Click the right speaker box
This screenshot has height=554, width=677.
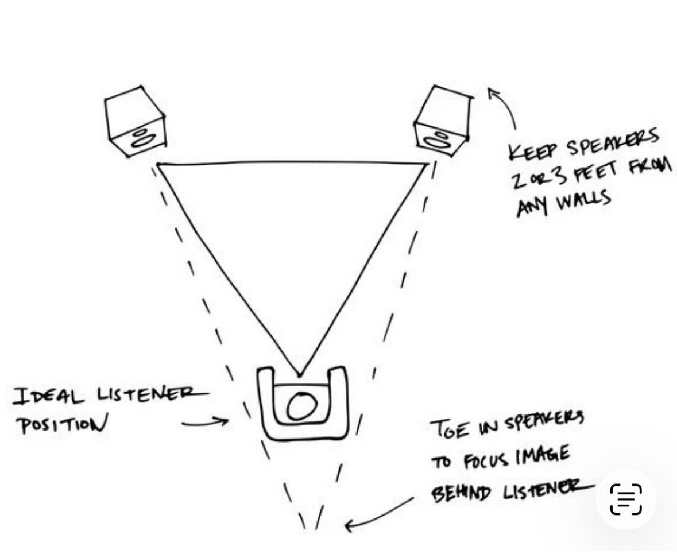coord(443,121)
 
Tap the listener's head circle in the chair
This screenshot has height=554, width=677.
coord(302,406)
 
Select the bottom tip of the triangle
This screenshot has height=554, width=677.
coord(299,375)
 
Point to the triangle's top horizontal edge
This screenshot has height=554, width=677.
coord(292,163)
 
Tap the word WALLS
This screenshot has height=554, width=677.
coord(584,201)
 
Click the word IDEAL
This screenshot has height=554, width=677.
coord(48,396)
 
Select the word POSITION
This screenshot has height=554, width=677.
coord(62,425)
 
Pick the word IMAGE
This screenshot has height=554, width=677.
coord(542,458)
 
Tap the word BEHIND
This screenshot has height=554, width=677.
coord(461,493)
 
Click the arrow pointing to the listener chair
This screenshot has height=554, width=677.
coord(206,423)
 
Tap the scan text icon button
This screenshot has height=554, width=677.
coord(626,499)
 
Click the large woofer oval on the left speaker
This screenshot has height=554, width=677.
coord(144,140)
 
